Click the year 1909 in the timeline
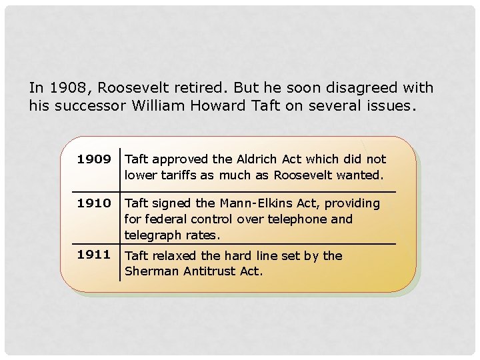coord(94,159)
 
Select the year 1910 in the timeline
coord(94,203)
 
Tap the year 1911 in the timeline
coord(93,254)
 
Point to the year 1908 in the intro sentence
coord(67,88)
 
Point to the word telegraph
coord(153,235)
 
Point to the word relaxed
coord(175,255)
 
